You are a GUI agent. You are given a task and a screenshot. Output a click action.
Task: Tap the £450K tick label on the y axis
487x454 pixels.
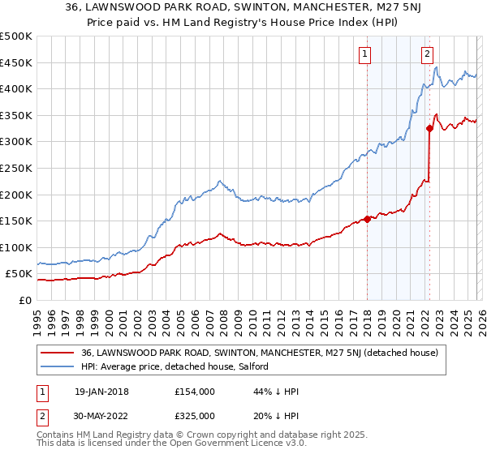pyautogui.click(x=16, y=62)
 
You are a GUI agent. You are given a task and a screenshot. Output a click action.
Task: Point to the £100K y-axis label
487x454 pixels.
pyautogui.click(x=16, y=247)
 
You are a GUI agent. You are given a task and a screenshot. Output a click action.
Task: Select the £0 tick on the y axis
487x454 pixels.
pyautogui.click(x=24, y=300)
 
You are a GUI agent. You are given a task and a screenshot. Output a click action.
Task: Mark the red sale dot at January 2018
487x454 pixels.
pyautogui.click(x=367, y=218)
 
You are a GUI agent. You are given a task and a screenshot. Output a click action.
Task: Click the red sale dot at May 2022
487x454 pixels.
pyautogui.click(x=429, y=128)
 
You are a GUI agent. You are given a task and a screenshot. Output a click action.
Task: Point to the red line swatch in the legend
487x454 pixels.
pyautogui.click(x=58, y=353)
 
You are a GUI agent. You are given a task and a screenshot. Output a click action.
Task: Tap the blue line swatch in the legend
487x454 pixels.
pyautogui.click(x=58, y=367)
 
